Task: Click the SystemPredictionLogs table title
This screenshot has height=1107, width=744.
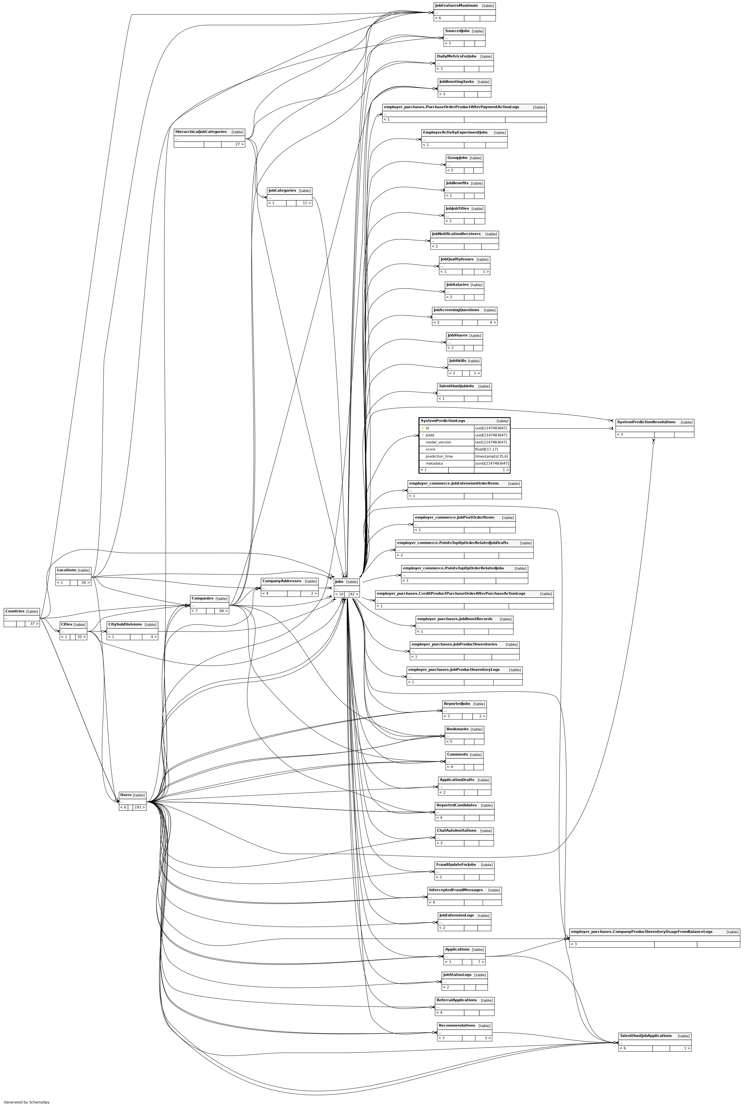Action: (443, 421)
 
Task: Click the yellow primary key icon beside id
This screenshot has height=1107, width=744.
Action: (422, 428)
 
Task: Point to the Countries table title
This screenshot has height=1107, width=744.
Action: (15, 611)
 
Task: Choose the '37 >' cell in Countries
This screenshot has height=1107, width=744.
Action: (32, 624)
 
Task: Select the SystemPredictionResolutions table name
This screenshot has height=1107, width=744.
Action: (646, 422)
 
